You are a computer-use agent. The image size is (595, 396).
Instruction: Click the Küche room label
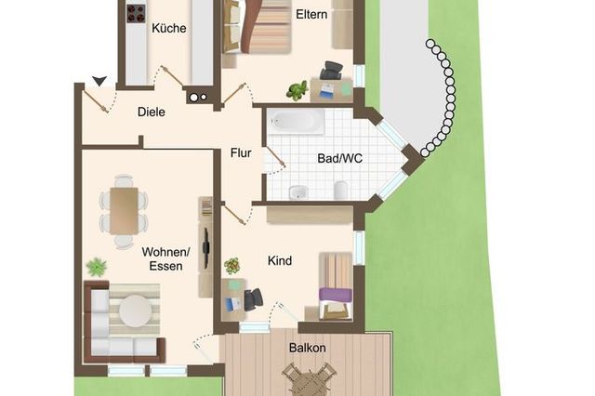click(x=169, y=28)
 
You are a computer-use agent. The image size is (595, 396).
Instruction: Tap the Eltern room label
click(x=311, y=15)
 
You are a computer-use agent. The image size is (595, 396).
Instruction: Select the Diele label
click(x=151, y=112)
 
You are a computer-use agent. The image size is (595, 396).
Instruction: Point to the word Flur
click(x=241, y=152)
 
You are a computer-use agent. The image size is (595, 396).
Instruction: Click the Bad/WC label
click(x=339, y=158)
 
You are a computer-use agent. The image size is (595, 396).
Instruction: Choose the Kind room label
click(x=280, y=260)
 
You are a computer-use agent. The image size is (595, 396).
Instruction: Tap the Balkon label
click(x=308, y=348)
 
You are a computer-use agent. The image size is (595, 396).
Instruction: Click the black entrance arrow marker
click(x=99, y=81)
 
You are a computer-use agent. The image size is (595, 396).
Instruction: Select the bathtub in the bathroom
click(x=296, y=122)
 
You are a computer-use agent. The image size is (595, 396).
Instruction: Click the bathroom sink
click(x=297, y=192)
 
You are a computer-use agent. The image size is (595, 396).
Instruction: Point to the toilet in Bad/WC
click(x=341, y=190)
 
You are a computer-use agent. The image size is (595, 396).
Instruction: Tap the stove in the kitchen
click(x=136, y=14)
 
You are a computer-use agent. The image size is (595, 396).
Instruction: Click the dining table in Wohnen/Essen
click(x=124, y=211)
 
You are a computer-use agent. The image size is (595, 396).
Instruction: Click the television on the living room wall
click(x=205, y=248)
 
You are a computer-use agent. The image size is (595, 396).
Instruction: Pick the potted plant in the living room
click(x=97, y=267)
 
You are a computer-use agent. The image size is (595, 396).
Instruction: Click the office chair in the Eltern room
click(x=332, y=71)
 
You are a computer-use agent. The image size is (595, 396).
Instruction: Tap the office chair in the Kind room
click(x=254, y=299)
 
